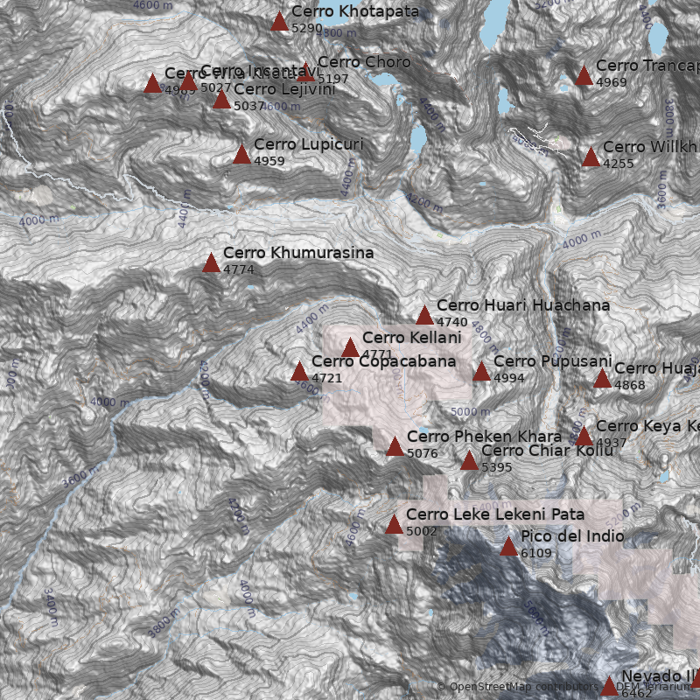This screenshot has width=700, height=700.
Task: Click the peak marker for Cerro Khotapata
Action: (x=279, y=22)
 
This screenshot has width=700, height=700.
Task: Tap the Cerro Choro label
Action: (x=363, y=63)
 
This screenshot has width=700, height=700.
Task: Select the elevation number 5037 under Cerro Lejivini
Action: (x=248, y=106)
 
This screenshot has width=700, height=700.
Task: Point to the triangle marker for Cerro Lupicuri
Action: (x=241, y=155)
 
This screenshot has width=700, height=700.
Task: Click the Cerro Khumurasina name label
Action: (x=298, y=253)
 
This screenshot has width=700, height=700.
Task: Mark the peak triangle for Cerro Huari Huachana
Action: (x=424, y=316)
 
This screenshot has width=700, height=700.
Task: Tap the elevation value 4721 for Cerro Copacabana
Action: (x=326, y=378)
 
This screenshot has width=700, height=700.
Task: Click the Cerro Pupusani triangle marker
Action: (x=481, y=373)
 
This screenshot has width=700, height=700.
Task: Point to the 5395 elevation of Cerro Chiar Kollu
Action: (x=496, y=467)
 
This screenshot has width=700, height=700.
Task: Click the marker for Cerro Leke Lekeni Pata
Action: (x=394, y=525)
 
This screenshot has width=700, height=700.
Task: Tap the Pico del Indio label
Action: (x=572, y=536)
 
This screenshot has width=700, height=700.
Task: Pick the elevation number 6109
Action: (x=535, y=553)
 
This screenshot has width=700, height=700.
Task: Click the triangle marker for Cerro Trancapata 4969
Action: (x=584, y=76)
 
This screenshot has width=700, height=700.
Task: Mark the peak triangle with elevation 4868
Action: (x=602, y=379)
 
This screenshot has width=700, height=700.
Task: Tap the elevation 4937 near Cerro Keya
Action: (x=611, y=443)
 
